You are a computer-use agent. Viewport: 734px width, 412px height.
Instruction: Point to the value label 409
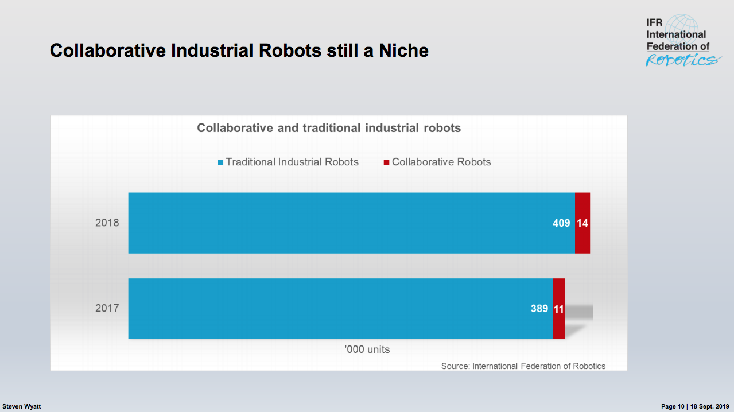561,223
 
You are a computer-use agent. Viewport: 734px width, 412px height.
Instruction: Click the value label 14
582,223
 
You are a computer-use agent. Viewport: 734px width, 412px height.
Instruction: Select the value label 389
539,309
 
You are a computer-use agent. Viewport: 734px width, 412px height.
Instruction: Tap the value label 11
559,309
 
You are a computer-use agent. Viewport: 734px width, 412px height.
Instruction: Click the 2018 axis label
107,223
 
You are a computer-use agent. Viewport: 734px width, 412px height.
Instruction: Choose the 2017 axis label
107,308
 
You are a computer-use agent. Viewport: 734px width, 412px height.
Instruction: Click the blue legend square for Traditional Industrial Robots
220,162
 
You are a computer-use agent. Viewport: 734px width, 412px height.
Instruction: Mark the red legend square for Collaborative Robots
386,162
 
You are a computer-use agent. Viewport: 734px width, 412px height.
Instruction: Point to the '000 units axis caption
367,349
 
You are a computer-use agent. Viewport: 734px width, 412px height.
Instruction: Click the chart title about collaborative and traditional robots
329,128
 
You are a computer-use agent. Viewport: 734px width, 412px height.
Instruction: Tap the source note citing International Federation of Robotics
523,366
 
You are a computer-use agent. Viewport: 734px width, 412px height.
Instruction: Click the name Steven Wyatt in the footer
22,406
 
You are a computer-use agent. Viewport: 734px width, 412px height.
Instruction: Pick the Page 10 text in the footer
673,406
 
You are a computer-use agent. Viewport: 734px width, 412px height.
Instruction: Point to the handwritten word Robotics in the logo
682,60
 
